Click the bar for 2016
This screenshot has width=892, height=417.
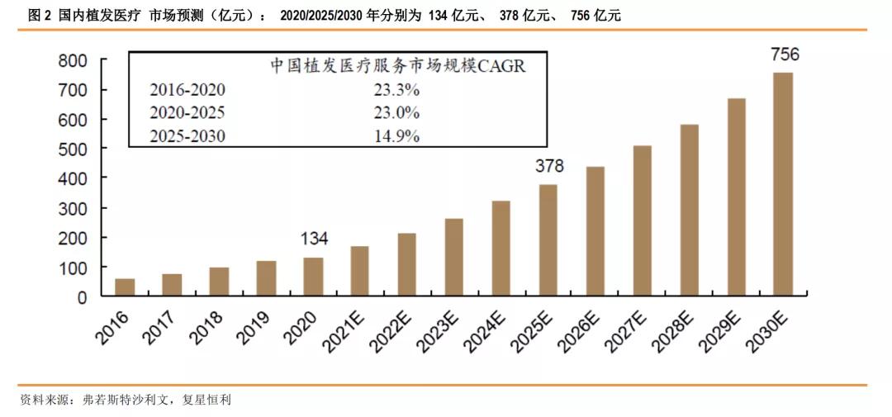click(125, 287)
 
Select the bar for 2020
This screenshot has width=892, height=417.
click(313, 277)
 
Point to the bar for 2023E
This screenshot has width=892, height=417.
click(454, 257)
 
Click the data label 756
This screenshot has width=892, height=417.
click(785, 55)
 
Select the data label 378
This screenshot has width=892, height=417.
click(549, 166)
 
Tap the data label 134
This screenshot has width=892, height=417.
click(314, 239)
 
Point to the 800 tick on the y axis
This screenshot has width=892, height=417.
click(73, 60)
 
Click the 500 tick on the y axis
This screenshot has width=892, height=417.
click(73, 149)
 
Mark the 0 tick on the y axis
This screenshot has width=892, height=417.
click(82, 297)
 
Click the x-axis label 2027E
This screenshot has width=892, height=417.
click(633, 329)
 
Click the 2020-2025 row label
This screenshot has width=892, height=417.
click(187, 113)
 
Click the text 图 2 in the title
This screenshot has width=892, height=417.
click(40, 16)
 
